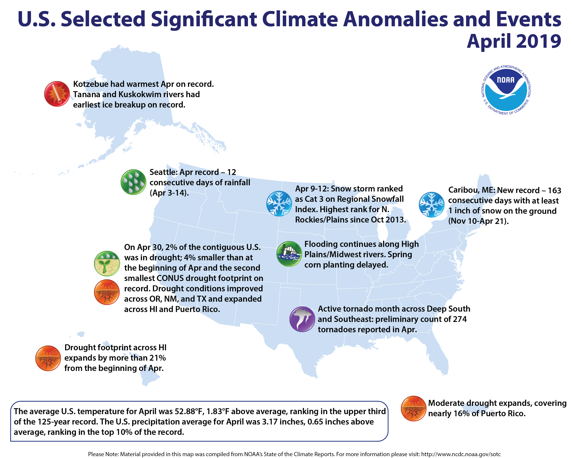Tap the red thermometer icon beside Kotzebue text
pos(57,94)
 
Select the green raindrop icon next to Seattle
pos(133,182)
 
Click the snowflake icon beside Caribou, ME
pos(431,204)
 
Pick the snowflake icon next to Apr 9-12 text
pos(279,203)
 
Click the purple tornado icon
pos(302,319)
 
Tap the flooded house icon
pos(289,254)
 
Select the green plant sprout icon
pos(107,263)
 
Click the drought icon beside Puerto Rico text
pos(413,408)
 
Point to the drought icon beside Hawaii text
pos(48,358)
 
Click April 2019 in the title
pos(514,41)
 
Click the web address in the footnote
pos(461,454)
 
